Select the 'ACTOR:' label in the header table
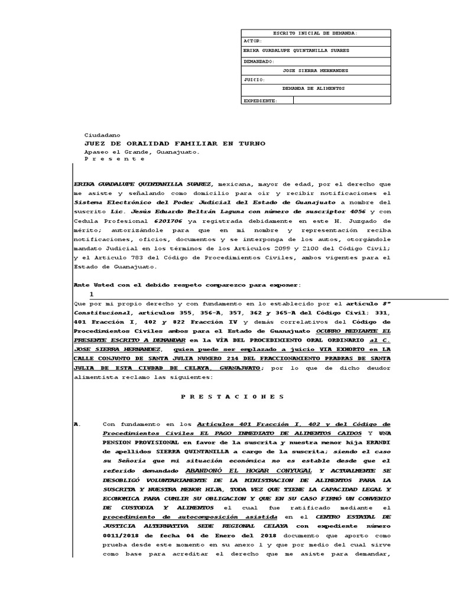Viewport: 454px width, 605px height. pyautogui.click(x=252, y=42)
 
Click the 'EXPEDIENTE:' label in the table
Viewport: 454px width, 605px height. pyautogui.click(x=260, y=101)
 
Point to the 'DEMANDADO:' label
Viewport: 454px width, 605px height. pyautogui.click(x=258, y=61)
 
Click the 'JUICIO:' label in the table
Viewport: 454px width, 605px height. pyautogui.click(x=254, y=79)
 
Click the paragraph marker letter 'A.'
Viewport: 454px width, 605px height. pyautogui.click(x=75, y=424)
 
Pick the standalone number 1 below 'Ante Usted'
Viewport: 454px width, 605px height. pyautogui.click(x=91, y=294)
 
